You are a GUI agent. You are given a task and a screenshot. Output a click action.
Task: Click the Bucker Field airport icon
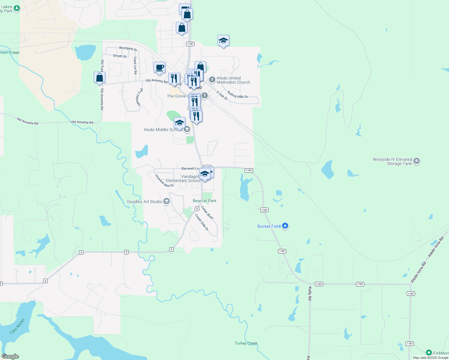(285, 226)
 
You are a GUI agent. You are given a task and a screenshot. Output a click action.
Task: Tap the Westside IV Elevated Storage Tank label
(392, 161)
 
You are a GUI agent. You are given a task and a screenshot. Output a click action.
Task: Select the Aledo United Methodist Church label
(233, 80)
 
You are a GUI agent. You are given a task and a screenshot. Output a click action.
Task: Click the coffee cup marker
(159, 67)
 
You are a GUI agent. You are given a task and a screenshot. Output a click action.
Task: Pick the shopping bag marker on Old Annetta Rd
(99, 78)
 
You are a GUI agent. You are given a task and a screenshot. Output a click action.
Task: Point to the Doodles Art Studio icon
(167, 202)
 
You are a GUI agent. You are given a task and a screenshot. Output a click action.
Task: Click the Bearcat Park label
(204, 201)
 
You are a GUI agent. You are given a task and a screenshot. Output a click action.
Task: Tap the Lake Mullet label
(17, 326)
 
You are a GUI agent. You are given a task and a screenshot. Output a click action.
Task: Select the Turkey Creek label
(246, 343)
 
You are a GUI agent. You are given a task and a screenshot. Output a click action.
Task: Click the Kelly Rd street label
(310, 293)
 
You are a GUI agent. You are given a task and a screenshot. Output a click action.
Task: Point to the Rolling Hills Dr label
(237, 94)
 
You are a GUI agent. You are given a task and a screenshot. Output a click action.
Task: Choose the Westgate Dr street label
(128, 48)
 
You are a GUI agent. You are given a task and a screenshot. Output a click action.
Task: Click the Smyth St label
(120, 56)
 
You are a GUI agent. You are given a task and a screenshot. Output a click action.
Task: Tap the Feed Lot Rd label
(135, 65)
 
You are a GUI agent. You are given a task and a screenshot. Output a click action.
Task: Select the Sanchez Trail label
(139, 97)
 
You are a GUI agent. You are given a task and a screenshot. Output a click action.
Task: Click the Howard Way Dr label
(164, 181)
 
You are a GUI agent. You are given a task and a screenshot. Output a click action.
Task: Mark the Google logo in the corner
(10, 356)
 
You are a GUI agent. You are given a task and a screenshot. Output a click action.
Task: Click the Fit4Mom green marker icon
(429, 353)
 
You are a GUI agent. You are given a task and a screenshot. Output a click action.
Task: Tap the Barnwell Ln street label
(190, 169)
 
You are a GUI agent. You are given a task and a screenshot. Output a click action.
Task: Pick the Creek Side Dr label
(202, 222)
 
